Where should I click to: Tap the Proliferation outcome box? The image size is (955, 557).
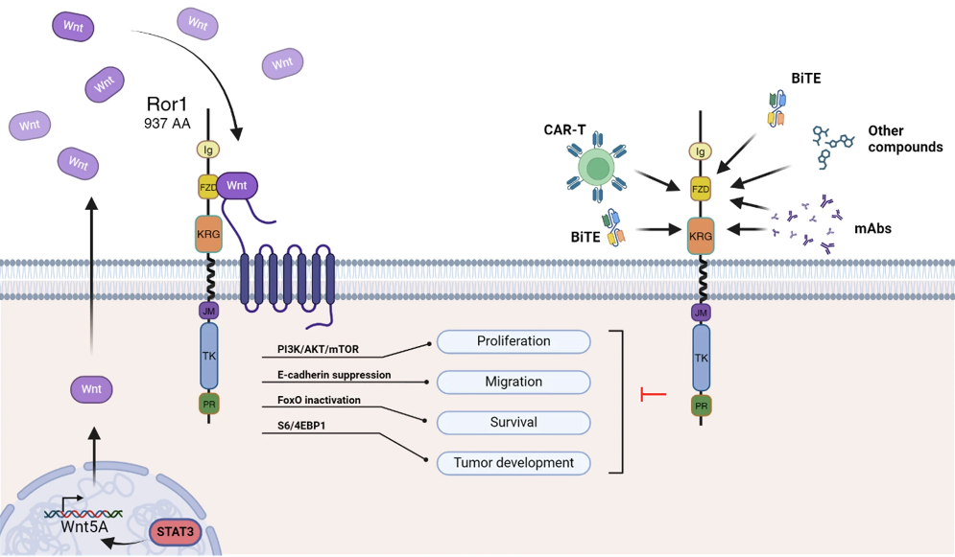(x=513, y=341)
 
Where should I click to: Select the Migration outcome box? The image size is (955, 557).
(x=513, y=382)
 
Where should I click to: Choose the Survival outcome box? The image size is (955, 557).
(x=513, y=422)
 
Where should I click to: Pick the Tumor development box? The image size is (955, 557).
(x=513, y=463)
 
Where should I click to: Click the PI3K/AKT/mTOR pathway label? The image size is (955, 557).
(x=318, y=349)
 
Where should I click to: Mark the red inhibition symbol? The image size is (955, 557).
(x=654, y=394)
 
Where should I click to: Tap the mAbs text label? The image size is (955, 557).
(x=873, y=229)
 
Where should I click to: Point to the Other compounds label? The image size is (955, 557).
(x=904, y=139)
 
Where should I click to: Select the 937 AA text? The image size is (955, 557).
(x=167, y=123)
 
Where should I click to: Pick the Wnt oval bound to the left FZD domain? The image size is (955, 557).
(x=237, y=186)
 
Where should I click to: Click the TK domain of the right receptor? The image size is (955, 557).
(x=701, y=357)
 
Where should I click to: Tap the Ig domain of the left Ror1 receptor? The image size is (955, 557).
(x=208, y=150)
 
